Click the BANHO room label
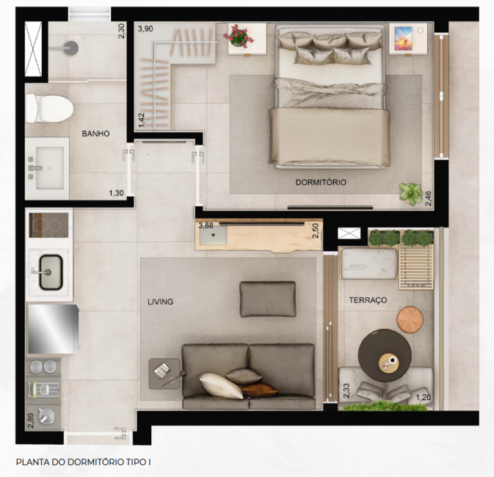tap(96, 134)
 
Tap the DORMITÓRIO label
tap(321, 182)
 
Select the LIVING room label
tap(161, 302)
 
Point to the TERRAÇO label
tap(368, 300)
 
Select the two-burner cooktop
tap(48, 223)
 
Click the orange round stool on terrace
tap(411, 319)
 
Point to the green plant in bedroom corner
tap(410, 194)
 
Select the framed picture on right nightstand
tap(404, 37)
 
